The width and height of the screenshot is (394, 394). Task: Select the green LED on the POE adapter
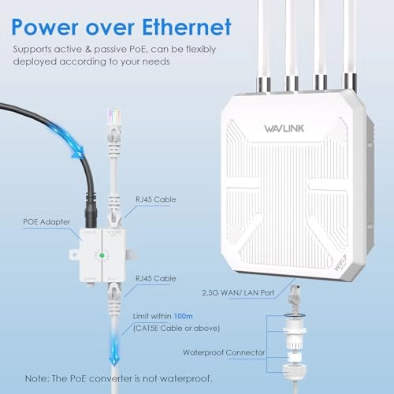click(x=101, y=255)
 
